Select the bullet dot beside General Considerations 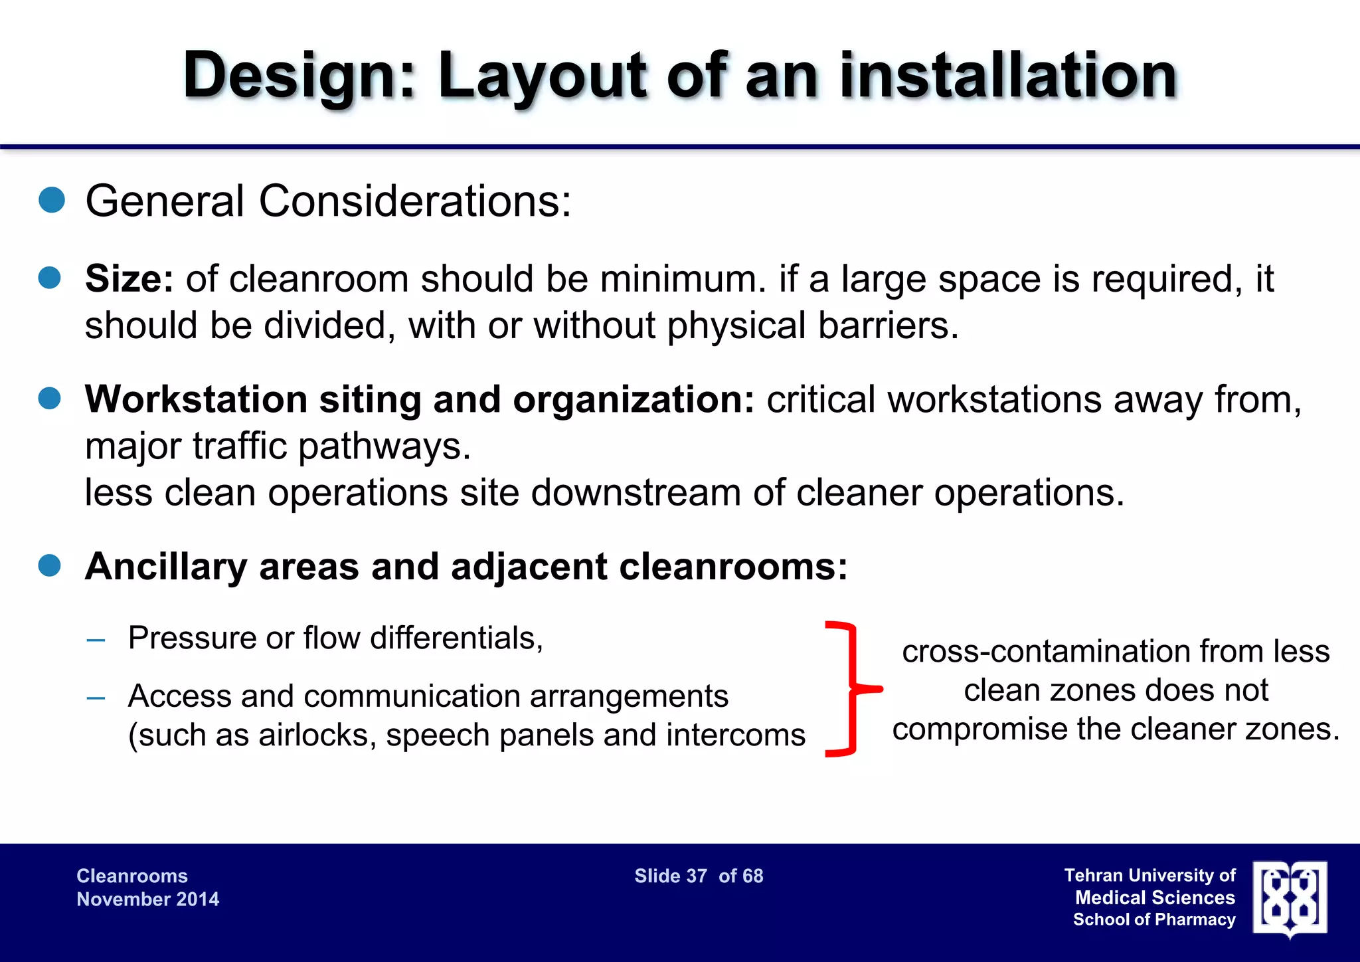52,200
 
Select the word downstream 636,493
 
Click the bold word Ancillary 166,567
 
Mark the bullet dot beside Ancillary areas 50,566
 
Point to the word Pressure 191,638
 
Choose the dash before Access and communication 96,698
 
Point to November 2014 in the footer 148,900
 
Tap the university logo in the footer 1290,898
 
